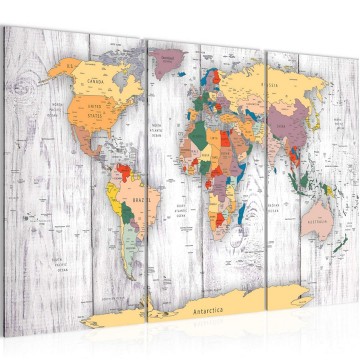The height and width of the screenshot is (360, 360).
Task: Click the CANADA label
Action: (98, 82)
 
